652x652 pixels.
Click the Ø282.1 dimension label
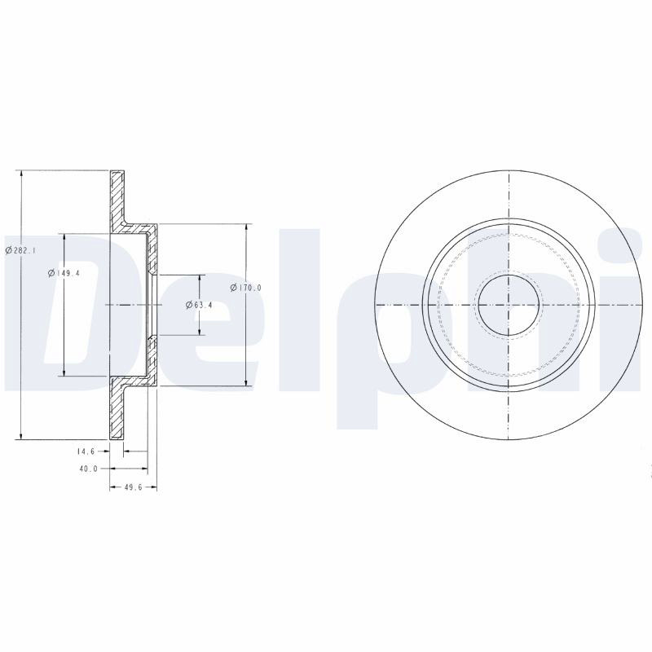20,250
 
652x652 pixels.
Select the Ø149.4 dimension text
64,273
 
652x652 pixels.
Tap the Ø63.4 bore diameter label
199,305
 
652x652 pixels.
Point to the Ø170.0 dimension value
245,288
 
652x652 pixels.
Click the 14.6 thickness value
86,452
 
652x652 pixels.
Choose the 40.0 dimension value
88,469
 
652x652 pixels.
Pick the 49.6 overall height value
133,487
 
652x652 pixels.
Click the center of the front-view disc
509,305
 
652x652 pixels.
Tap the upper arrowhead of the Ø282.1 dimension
21,174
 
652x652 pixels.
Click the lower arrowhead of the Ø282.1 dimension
21,435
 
